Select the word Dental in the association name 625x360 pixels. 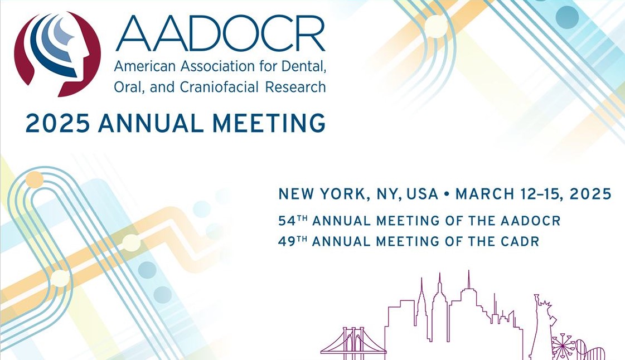tap(304, 66)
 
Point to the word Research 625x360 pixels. tap(295, 87)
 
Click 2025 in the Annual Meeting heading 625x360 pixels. tap(58, 123)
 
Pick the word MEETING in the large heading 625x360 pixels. tap(269, 123)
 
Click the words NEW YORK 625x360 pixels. tap(321, 194)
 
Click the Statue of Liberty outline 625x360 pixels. tap(542, 327)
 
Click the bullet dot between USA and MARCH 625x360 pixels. tap(447, 194)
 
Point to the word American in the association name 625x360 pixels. tap(145, 66)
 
